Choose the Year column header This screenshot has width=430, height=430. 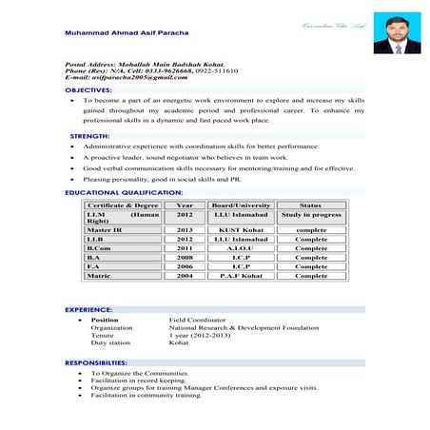pos(185,205)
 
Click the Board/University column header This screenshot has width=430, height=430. pos(241,205)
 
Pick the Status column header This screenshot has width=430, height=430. pos(310,205)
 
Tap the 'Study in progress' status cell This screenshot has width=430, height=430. pos(310,215)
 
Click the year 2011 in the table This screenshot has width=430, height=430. pos(185,248)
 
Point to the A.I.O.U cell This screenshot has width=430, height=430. pos(241,248)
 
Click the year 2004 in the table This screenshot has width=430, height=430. pos(185,276)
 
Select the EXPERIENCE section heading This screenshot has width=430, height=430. pos(88,310)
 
